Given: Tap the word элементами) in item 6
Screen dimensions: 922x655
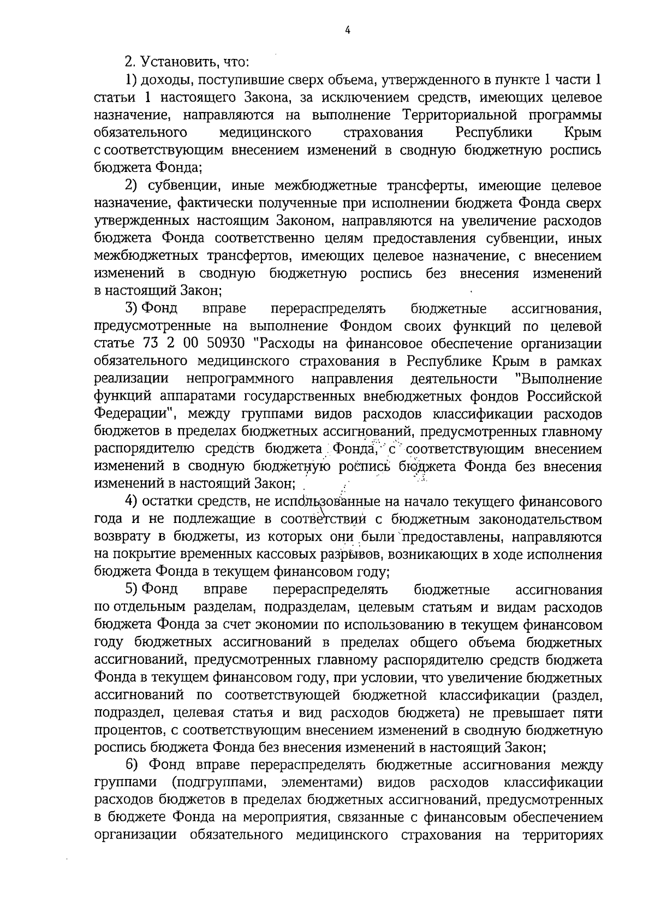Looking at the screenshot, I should tap(323, 783).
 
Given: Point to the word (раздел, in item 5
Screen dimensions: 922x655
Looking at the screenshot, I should tap(578, 695).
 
